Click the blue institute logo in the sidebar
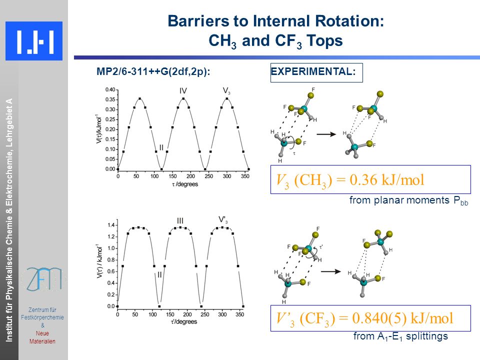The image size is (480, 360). [34, 41]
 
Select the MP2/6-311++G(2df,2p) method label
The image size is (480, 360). [153, 71]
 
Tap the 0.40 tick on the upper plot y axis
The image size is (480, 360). [110, 89]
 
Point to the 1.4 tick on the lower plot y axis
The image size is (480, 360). [111, 225]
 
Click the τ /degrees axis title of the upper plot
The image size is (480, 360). [185, 184]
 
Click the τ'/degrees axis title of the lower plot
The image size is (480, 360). [183, 321]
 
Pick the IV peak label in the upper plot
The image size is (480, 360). [183, 91]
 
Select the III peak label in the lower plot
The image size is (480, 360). [180, 220]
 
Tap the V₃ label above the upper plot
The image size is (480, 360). [226, 91]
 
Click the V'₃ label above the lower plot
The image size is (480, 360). [223, 220]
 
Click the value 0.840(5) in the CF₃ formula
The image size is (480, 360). [379, 318]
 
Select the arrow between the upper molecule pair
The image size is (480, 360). [326, 134]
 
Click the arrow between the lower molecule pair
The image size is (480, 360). [331, 271]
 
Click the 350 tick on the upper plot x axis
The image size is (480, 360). [245, 176]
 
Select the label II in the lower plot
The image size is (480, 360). [159, 275]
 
